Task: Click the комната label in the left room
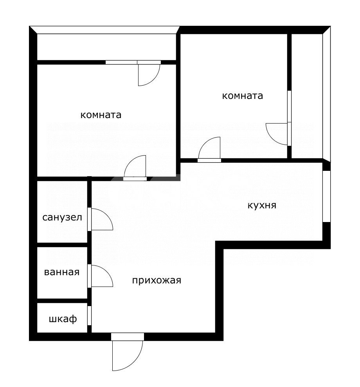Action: coord(101,115)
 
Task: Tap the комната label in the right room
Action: coord(242,96)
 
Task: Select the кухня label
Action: coord(262,205)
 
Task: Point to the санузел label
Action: coord(62,217)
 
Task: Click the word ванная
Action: coord(62,272)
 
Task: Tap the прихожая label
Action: coord(157,280)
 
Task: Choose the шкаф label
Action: coord(63,319)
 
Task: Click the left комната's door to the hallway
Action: coord(135,168)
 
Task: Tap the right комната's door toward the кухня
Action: coord(209,150)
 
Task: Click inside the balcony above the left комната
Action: coord(106,47)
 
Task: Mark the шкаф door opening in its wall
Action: coord(90,315)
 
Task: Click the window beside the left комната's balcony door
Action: coord(121,62)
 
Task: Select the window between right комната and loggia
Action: coord(289,106)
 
